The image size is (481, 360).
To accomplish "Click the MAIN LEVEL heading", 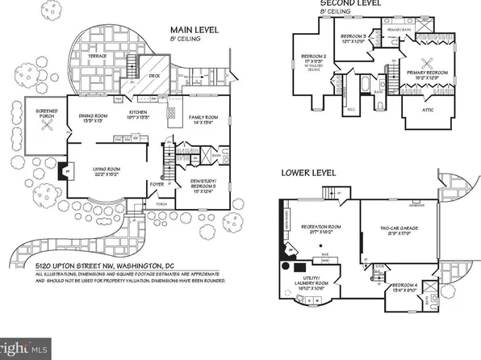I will pyautogui.click(x=193, y=31).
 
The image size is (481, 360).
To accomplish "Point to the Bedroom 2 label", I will pyautogui.click(x=312, y=60).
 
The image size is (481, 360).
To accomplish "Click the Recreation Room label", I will pyautogui.click(x=317, y=229).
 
